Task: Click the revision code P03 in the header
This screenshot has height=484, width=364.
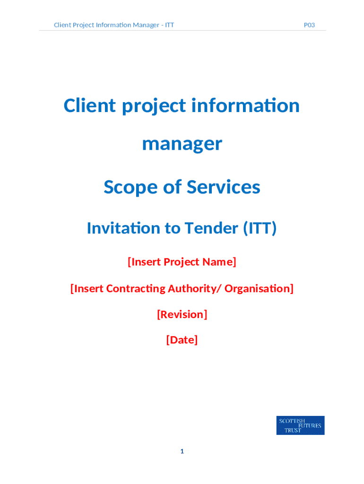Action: click(x=309, y=25)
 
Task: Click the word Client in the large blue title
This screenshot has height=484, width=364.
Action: click(x=90, y=105)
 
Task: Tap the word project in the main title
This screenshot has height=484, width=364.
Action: click(x=154, y=106)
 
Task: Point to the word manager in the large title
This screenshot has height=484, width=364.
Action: click(x=182, y=144)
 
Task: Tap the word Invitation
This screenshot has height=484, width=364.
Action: click(x=123, y=228)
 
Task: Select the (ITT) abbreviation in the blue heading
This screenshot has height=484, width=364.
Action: click(x=260, y=228)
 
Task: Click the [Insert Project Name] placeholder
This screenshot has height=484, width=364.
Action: click(x=182, y=262)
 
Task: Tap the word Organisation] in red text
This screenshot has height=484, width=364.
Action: click(x=259, y=288)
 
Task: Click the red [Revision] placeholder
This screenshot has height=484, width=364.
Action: click(x=182, y=314)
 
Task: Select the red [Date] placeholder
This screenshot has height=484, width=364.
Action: click(x=182, y=340)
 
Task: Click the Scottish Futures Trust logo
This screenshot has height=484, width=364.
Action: click(x=300, y=425)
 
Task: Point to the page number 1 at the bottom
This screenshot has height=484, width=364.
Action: click(x=182, y=451)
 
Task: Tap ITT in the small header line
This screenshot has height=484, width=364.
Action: click(x=169, y=25)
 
